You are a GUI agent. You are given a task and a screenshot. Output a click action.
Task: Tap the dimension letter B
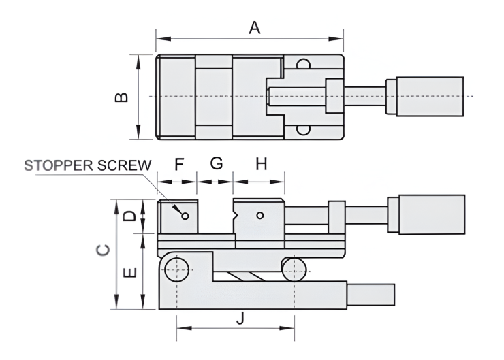[x=121, y=97]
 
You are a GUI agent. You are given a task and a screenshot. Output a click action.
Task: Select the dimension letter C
[x=101, y=252]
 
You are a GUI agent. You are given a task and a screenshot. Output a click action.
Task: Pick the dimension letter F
[x=179, y=164]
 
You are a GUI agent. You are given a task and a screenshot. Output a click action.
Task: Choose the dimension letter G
[x=216, y=164]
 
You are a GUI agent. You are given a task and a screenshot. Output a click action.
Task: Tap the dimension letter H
[x=261, y=164]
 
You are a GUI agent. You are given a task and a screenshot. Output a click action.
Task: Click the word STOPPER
[x=59, y=165]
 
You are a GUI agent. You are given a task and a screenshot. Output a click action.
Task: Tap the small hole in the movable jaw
[x=260, y=216]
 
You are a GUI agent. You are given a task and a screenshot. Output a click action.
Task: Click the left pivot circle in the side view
[x=177, y=267]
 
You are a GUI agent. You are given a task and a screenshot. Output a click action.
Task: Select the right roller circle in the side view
[x=294, y=267]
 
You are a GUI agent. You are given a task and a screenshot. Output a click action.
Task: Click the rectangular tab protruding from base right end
[x=372, y=295]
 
